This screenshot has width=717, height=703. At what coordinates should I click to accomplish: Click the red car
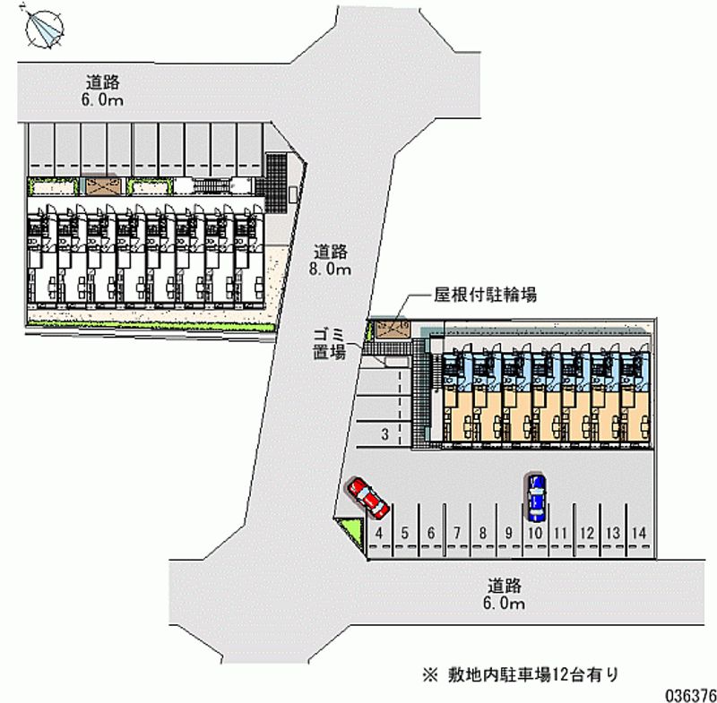pyautogui.click(x=367, y=498)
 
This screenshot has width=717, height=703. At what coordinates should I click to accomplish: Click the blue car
pyautogui.click(x=536, y=497)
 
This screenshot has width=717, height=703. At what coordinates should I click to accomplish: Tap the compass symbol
pyautogui.click(x=42, y=27)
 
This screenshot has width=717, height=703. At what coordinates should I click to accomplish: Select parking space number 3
pyautogui.click(x=384, y=435)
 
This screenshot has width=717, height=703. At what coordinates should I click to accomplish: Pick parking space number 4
pyautogui.click(x=380, y=533)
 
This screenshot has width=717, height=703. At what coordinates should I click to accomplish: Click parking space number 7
pyautogui.click(x=457, y=533)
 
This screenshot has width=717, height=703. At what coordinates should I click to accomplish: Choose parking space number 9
pyautogui.click(x=508, y=533)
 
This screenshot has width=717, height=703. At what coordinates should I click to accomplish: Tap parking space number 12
pyautogui.click(x=587, y=533)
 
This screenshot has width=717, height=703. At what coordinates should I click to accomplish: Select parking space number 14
pyautogui.click(x=639, y=533)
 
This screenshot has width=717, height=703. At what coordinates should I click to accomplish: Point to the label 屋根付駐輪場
pyautogui.click(x=485, y=295)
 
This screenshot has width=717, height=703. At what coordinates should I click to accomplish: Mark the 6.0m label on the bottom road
pyautogui.click(x=505, y=595)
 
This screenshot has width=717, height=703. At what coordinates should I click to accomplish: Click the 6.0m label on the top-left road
pyautogui.click(x=101, y=90)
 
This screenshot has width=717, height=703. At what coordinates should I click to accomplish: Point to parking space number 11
pyautogui.click(x=561, y=533)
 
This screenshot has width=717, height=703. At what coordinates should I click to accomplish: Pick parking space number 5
pyautogui.click(x=405, y=533)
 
